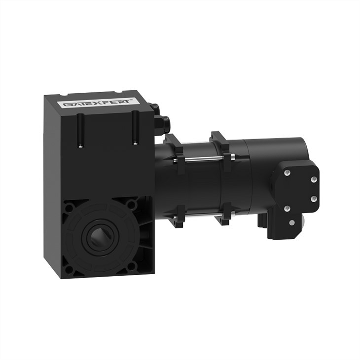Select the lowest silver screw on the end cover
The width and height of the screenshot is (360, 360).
pyautogui.click(x=292, y=223)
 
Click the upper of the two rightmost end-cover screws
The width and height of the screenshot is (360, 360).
pyautogui.click(x=314, y=180)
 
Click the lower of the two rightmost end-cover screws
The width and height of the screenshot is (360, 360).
pyautogui.click(x=314, y=198)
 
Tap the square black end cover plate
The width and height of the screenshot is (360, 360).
pyautogui.click(x=296, y=195)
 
